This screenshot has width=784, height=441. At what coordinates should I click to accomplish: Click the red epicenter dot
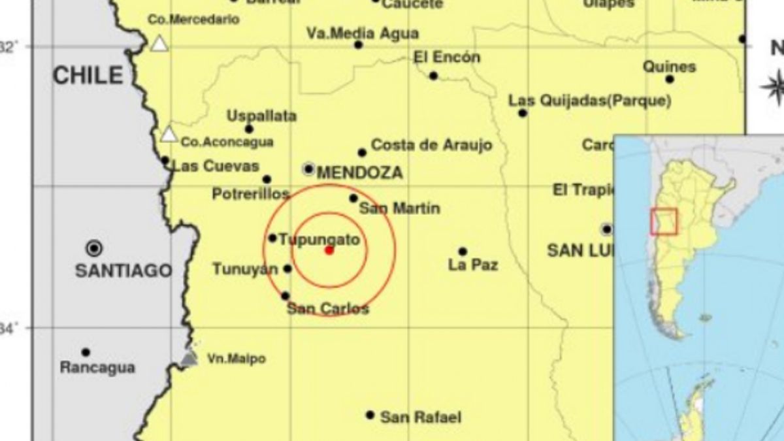(329, 250)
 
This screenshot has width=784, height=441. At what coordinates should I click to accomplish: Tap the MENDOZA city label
(359, 173)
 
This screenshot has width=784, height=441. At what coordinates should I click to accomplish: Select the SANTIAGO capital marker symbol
(95, 248)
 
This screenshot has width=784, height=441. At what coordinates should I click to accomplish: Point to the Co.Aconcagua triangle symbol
(169, 135)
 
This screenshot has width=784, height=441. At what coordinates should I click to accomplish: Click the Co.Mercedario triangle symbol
(159, 44)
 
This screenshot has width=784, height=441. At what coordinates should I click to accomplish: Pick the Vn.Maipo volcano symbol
(189, 358)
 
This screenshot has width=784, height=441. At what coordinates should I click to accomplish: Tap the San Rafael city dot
(370, 415)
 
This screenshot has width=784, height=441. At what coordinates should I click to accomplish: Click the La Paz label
(473, 265)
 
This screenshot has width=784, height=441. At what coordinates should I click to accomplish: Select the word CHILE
(88, 76)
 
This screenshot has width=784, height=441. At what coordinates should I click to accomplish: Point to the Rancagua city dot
(86, 352)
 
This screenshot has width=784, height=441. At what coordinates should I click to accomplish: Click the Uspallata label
(261, 116)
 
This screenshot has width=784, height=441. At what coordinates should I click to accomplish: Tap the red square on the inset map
(664, 221)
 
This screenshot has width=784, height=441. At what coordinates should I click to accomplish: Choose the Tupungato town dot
(272, 238)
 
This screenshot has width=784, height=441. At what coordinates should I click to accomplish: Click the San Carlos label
(328, 309)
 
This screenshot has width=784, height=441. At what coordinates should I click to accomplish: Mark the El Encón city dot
(433, 76)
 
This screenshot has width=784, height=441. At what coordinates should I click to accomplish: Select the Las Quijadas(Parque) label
(590, 101)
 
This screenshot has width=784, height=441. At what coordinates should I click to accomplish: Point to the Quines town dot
(670, 79)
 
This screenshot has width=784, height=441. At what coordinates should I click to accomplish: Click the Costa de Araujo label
(431, 145)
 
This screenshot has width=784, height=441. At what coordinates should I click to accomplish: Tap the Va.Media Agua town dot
(358, 44)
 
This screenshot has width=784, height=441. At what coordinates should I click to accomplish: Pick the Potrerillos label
(251, 194)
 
